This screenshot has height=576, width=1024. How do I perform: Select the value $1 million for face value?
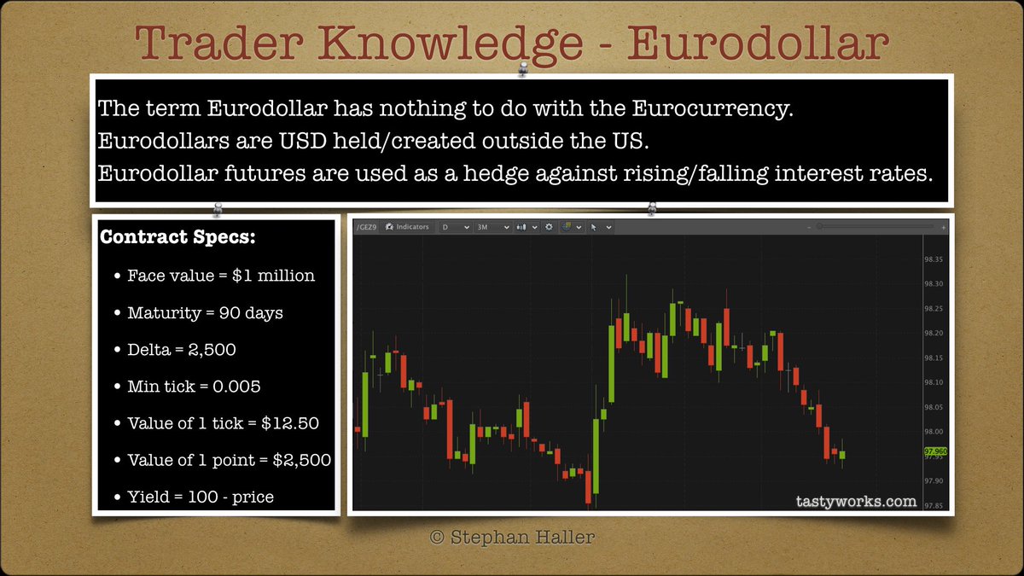[x=273, y=276]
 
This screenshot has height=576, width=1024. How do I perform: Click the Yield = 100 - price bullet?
[x=201, y=497]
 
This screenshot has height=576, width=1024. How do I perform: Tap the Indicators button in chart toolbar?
[x=407, y=228]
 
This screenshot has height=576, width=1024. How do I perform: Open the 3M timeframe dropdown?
[x=494, y=228]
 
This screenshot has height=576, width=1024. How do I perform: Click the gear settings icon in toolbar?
[x=550, y=228]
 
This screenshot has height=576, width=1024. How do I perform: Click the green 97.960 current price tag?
[x=935, y=451]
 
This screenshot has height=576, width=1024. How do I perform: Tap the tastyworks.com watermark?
[x=851, y=501]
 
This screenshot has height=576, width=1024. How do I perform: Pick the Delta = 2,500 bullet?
[x=182, y=350]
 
